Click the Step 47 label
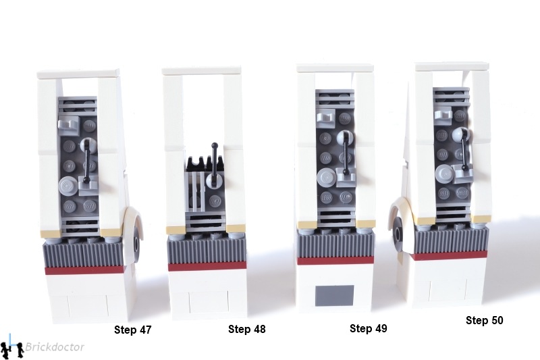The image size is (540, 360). [132, 330]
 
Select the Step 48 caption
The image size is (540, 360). [247, 329]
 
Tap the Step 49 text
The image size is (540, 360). [368, 328]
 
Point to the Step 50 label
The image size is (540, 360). [484, 320]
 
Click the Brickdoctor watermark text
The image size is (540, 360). [55, 347]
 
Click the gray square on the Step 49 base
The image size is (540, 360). [335, 295]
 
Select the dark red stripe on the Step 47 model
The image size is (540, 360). [85, 269]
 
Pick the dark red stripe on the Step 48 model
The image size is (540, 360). [207, 266]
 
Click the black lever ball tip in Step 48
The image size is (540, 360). [215, 145]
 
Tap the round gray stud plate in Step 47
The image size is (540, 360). [68, 186]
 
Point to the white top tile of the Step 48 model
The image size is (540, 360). [201, 72]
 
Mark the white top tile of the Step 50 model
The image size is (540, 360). [452, 66]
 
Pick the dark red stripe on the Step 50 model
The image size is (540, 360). [450, 255]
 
